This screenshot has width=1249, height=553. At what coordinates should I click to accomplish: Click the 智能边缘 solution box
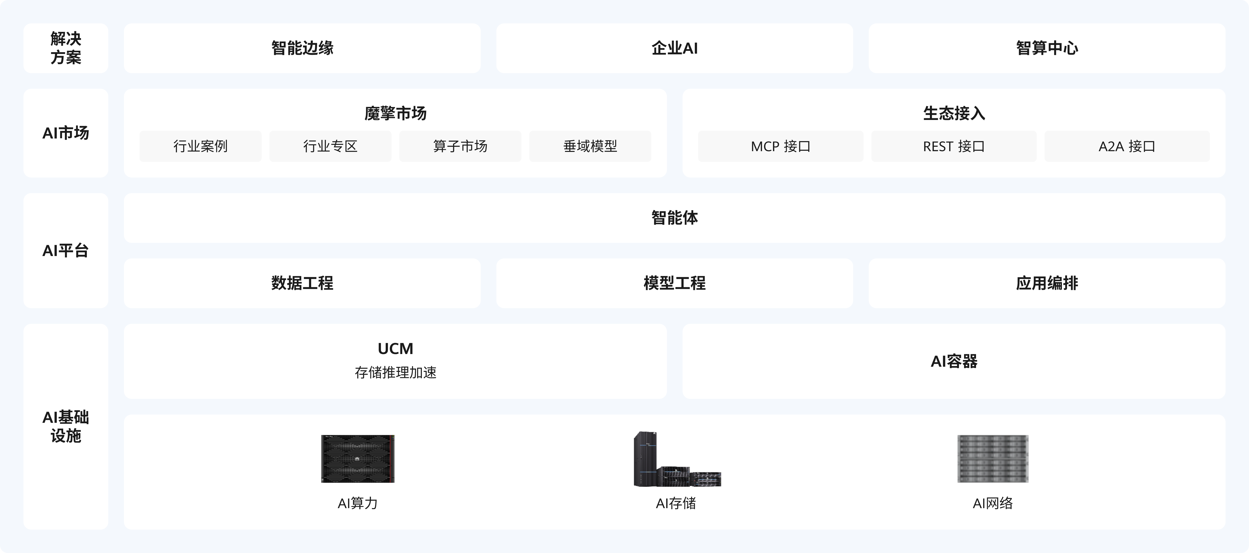pyautogui.click(x=302, y=48)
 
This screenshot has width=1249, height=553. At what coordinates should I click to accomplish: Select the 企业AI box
pyautogui.click(x=675, y=48)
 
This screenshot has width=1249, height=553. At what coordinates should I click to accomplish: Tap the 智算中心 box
pyautogui.click(x=1047, y=48)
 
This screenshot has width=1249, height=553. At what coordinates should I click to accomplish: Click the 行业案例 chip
pyautogui.click(x=200, y=146)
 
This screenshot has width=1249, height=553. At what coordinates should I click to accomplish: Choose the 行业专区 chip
pyautogui.click(x=330, y=146)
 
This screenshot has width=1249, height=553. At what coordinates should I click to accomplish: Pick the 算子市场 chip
pyautogui.click(x=460, y=146)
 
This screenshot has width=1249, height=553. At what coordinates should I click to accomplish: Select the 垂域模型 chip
pyautogui.click(x=590, y=146)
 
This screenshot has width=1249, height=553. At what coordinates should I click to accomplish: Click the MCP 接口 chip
pyautogui.click(x=781, y=146)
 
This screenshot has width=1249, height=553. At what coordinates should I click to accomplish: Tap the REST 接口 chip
pyautogui.click(x=954, y=146)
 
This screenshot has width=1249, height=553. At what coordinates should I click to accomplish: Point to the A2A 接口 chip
pyautogui.click(x=1127, y=146)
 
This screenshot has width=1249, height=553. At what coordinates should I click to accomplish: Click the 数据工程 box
pyautogui.click(x=302, y=283)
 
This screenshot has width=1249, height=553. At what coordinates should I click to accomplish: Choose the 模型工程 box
pyautogui.click(x=675, y=283)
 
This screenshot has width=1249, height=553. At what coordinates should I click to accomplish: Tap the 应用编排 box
pyautogui.click(x=1047, y=283)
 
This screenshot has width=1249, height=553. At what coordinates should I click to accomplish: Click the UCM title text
pyautogui.click(x=395, y=348)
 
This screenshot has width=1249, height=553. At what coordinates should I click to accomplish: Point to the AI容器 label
pyautogui.click(x=954, y=361)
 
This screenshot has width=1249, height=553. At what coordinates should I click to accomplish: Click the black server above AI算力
pyautogui.click(x=358, y=458)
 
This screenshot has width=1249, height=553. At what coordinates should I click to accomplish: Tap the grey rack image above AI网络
pyautogui.click(x=993, y=458)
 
